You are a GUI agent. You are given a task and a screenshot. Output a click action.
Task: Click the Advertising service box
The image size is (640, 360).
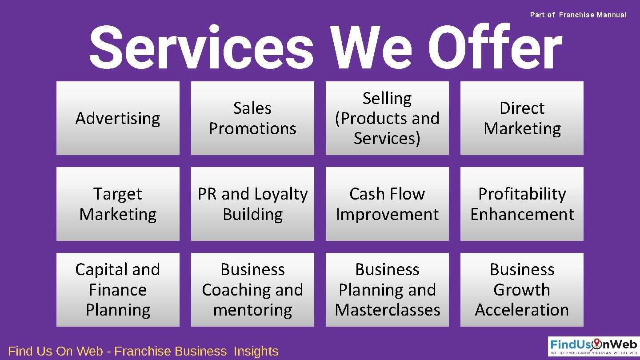click(x=118, y=118)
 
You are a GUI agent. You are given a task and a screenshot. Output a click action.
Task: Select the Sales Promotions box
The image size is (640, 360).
click(x=252, y=118)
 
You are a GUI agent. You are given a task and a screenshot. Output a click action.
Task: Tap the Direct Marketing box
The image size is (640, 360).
click(x=522, y=118)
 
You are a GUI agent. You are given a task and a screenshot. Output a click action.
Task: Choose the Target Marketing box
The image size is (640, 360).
click(x=118, y=204)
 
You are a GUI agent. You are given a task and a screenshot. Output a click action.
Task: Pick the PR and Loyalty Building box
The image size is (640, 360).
click(x=252, y=204)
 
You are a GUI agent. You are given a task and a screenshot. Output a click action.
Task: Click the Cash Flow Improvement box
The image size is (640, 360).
click(x=387, y=204)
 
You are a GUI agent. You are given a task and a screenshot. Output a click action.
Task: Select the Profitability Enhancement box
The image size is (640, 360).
click(x=522, y=204)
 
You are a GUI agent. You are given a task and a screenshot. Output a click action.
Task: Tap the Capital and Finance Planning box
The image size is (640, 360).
click(x=118, y=290)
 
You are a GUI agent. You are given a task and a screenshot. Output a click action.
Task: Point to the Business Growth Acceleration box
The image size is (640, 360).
click(x=522, y=290)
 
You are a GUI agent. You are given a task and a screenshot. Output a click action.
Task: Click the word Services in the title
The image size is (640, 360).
click(x=202, y=48)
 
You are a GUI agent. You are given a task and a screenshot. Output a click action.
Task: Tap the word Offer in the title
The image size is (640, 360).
click(x=495, y=48)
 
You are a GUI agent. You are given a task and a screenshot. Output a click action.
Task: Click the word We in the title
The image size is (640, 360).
click(x=372, y=48)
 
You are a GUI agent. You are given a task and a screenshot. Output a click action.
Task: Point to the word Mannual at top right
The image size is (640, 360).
click(x=612, y=15)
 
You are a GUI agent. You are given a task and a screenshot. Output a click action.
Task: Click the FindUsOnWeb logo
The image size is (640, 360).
click(x=593, y=346)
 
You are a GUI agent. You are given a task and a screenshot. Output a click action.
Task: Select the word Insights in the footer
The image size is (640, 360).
click(x=256, y=351)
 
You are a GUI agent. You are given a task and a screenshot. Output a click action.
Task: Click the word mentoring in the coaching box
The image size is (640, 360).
click(x=252, y=310)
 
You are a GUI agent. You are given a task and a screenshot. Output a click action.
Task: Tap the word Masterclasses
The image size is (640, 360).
click(x=387, y=310)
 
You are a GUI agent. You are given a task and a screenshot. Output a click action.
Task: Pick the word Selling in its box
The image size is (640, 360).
click(x=387, y=98)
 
